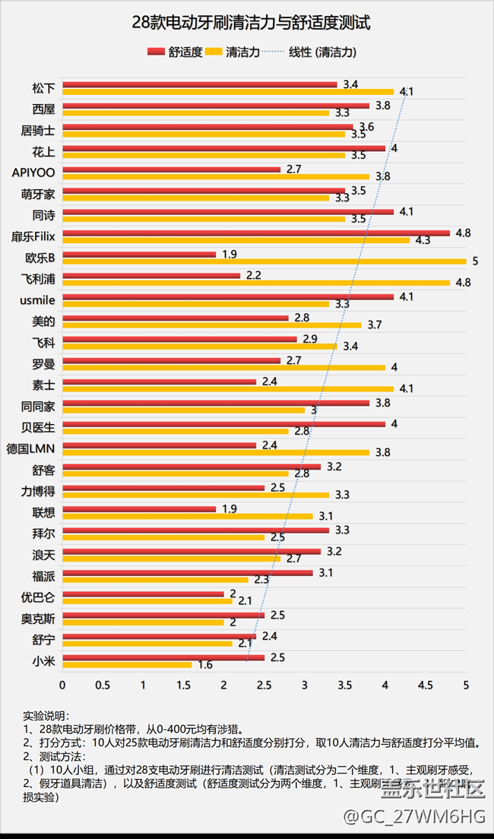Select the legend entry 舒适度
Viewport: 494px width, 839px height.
click(176, 52)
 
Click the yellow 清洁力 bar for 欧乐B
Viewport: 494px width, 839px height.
click(264, 261)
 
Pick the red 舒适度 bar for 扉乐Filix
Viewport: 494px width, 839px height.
click(256, 233)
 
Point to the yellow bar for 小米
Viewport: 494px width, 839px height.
click(127, 664)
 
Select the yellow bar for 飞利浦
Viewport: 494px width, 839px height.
click(256, 283)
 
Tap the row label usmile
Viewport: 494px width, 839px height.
click(36, 299)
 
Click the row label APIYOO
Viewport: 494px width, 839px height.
click(33, 172)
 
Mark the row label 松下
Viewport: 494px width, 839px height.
click(43, 87)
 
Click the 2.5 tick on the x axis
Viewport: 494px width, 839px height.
click(264, 685)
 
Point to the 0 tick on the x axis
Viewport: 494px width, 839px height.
click(62, 685)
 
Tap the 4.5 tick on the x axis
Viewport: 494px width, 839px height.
click(426, 685)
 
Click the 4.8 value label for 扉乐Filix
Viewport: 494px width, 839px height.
click(463, 233)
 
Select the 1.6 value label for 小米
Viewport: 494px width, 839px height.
click(205, 665)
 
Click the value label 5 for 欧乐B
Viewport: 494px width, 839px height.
click(474, 261)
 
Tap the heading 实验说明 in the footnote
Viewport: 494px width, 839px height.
click(46, 715)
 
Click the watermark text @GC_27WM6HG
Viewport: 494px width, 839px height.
click(413, 816)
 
